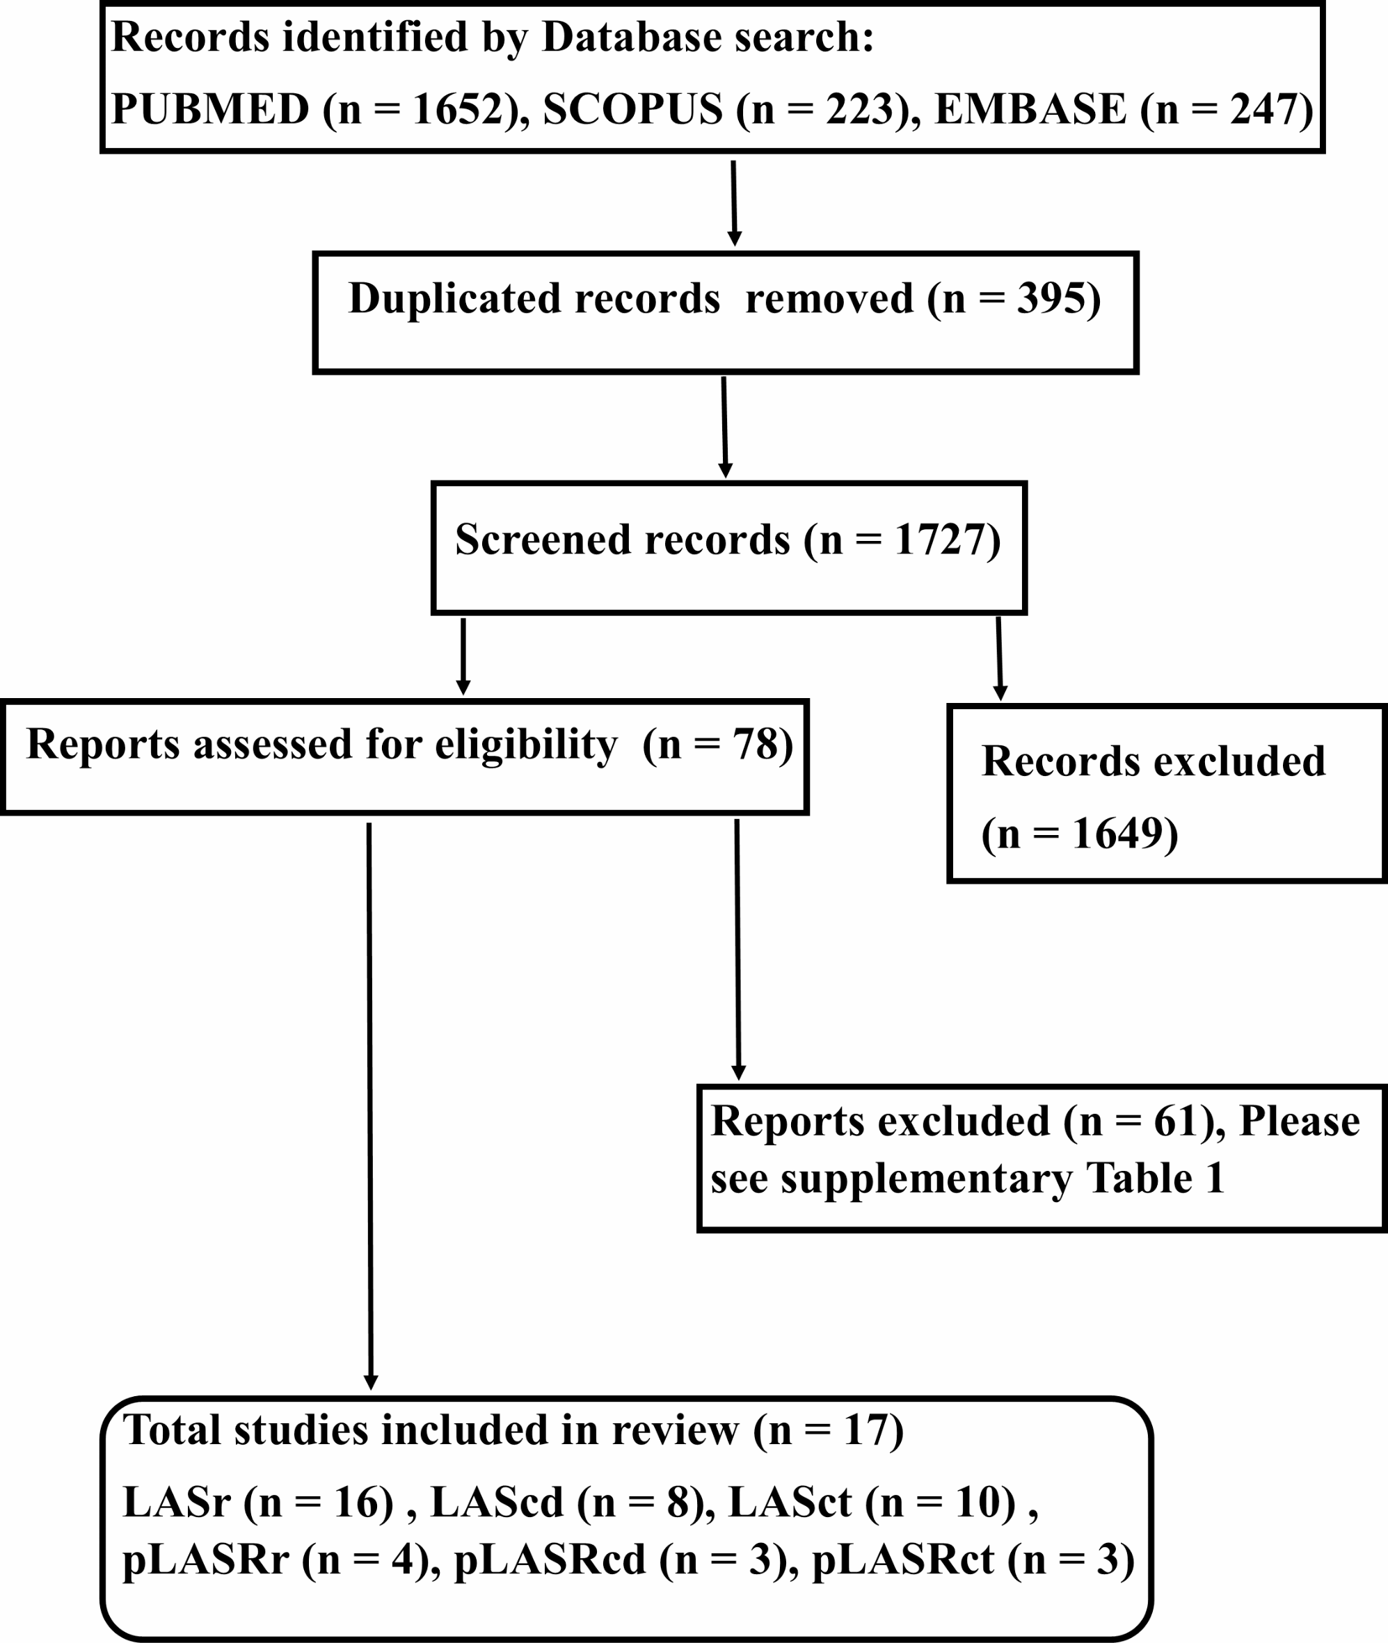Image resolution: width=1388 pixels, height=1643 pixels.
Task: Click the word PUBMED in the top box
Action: [x=210, y=108]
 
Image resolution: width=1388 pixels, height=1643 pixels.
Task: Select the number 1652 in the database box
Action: [x=457, y=108]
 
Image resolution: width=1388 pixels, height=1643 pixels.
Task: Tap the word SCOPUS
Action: [x=632, y=108]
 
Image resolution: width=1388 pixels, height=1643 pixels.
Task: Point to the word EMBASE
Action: [x=1030, y=108]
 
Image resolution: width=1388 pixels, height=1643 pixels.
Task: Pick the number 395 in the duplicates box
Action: [x=1047, y=299]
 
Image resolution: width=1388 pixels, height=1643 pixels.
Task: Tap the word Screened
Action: [x=543, y=540]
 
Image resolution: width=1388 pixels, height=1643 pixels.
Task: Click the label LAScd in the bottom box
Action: [x=497, y=1503]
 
